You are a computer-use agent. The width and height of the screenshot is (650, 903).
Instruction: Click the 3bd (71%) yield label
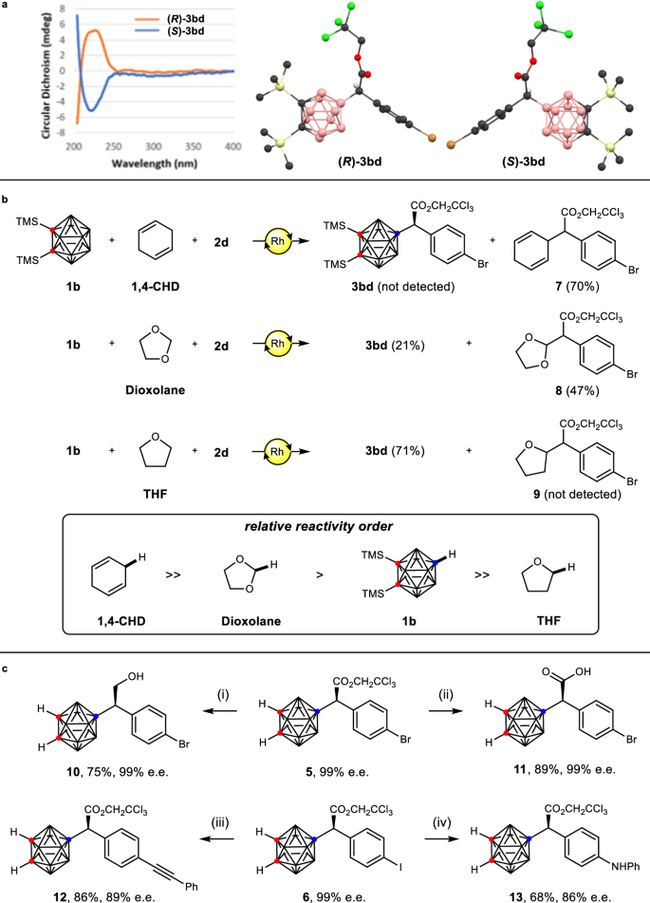pos(406,461)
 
